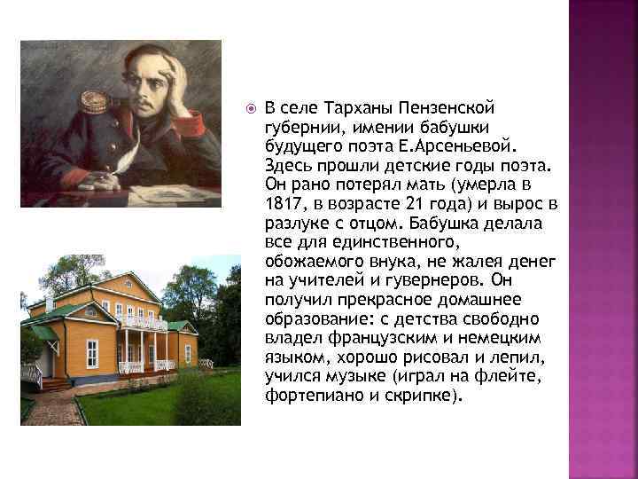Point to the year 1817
(x=283, y=204)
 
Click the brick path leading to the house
(x=53, y=409)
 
